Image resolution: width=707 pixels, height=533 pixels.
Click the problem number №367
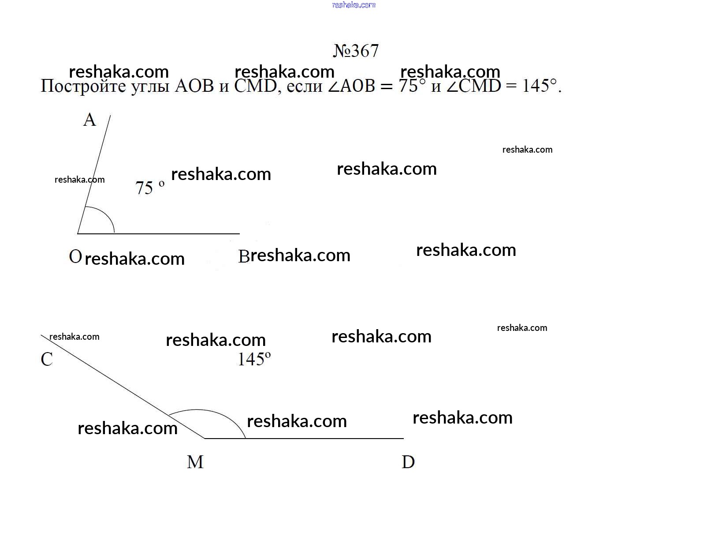point(356,51)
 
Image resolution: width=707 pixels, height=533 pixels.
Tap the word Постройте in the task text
point(83,86)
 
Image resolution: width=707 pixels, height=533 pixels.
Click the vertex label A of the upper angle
point(89,120)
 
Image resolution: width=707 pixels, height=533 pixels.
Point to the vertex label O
point(75,256)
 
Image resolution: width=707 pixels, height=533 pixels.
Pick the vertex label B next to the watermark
point(243,256)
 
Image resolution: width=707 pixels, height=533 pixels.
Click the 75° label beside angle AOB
point(150,188)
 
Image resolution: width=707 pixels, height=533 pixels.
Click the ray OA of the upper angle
point(94,174)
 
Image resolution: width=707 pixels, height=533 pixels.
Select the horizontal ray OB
point(159,233)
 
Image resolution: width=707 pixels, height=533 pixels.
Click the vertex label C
point(47,359)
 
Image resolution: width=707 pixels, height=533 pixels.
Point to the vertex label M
point(195,462)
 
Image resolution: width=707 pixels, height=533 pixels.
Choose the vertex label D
point(408,462)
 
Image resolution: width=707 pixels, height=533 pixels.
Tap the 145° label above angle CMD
point(254,359)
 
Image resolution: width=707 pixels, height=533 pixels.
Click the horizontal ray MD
point(304,438)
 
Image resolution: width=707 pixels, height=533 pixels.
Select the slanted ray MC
point(123,386)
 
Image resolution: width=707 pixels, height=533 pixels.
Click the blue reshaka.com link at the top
point(353,5)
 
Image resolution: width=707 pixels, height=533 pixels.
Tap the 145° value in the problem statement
point(539,86)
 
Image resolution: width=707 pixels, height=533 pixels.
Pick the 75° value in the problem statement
point(412,86)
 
